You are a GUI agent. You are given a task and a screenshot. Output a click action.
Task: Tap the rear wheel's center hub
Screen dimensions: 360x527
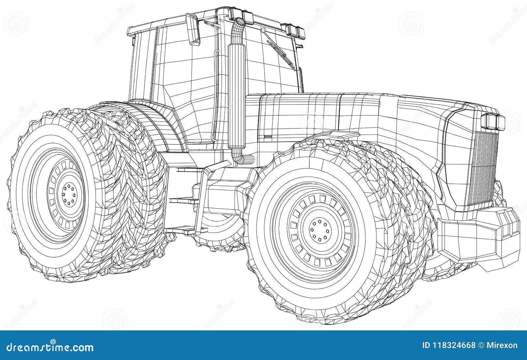pyautogui.click(x=69, y=194)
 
